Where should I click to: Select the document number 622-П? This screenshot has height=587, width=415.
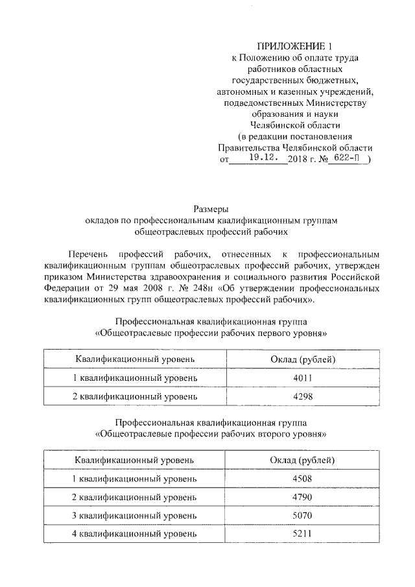346,157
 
